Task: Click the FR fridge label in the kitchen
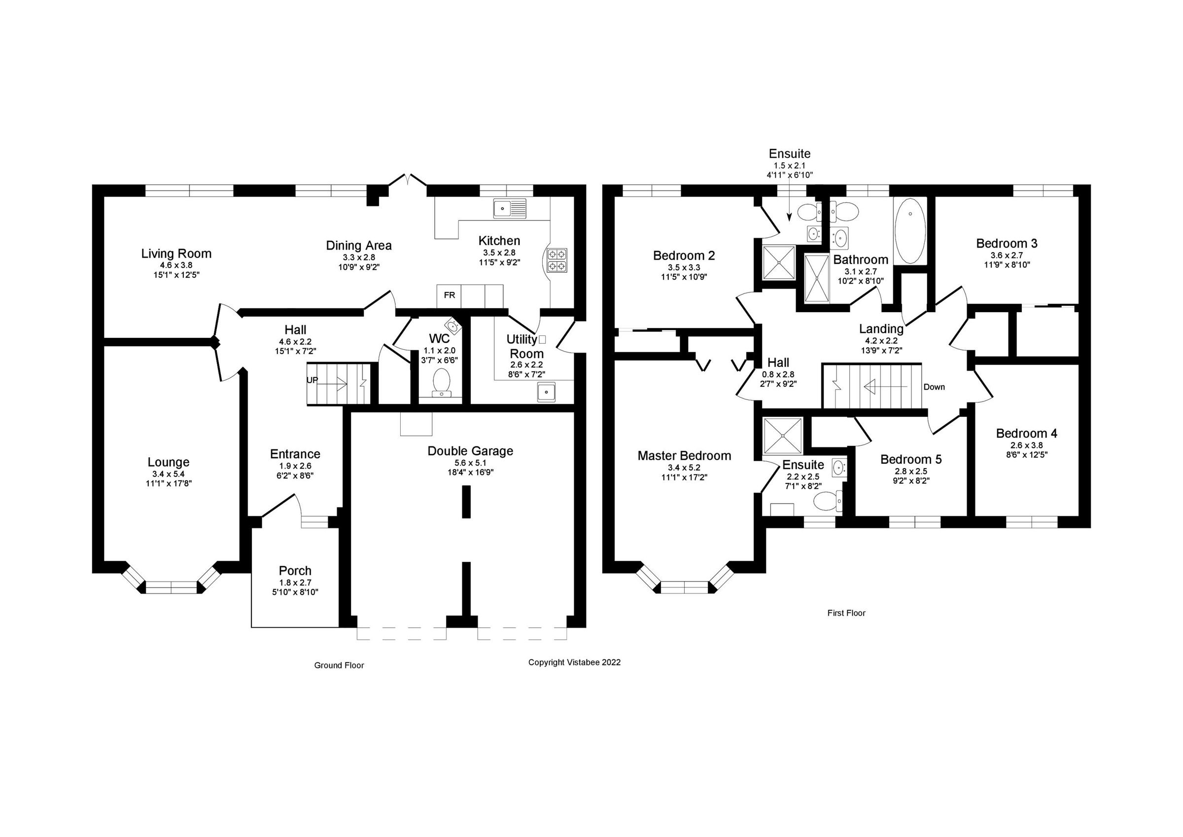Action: point(449,295)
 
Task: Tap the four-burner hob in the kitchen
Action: point(558,260)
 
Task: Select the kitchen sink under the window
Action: point(509,208)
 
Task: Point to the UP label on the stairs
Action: point(312,380)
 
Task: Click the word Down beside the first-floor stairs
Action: point(934,387)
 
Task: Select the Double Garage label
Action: point(470,451)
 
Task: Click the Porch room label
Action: point(295,571)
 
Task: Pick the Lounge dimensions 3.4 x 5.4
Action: point(169,474)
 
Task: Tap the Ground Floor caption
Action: point(339,665)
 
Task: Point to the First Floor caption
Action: point(846,613)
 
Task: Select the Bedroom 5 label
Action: point(910,460)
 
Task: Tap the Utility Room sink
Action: point(546,392)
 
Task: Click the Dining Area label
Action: point(359,246)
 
